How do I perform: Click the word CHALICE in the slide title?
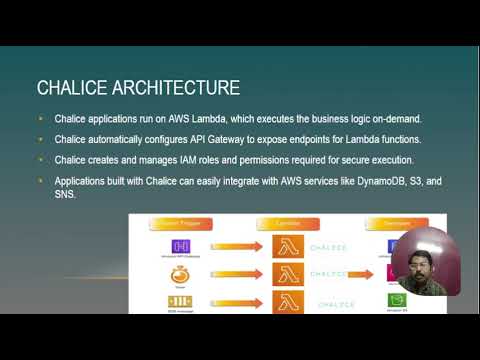point(71,88)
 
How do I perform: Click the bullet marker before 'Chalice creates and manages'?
point(41,160)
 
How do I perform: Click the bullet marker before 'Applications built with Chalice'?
point(41,181)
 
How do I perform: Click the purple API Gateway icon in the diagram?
point(181,246)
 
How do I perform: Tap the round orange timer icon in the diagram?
point(181,273)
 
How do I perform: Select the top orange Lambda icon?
point(290,246)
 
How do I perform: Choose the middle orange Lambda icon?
point(290,273)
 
